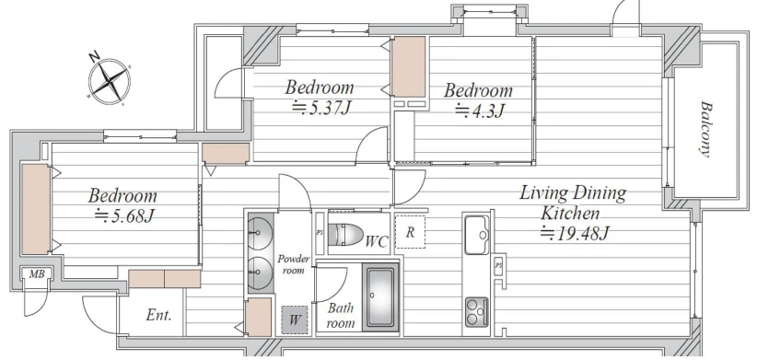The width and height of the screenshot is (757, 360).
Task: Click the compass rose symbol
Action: pos(110,81)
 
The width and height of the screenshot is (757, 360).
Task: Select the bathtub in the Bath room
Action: pos(381,297)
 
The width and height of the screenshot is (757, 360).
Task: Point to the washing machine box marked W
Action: pos(295,319)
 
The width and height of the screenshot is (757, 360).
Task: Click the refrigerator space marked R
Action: pos(410,232)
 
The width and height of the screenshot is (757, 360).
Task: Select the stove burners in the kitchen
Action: pos(476,311)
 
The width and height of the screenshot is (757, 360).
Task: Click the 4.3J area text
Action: pos(480,111)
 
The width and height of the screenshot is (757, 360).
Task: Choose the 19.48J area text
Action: pos(575,234)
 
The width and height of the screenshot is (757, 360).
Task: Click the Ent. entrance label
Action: pos(158,316)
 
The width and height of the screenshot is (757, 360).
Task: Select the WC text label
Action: pos(377,241)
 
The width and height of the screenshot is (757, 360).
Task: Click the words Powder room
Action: pos(293,264)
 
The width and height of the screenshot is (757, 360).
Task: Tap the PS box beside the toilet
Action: pos(320,232)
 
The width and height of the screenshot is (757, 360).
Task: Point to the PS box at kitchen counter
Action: pos(498,265)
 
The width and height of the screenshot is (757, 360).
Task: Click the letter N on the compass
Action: pos(95,58)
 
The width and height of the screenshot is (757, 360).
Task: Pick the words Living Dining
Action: pos(573,193)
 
